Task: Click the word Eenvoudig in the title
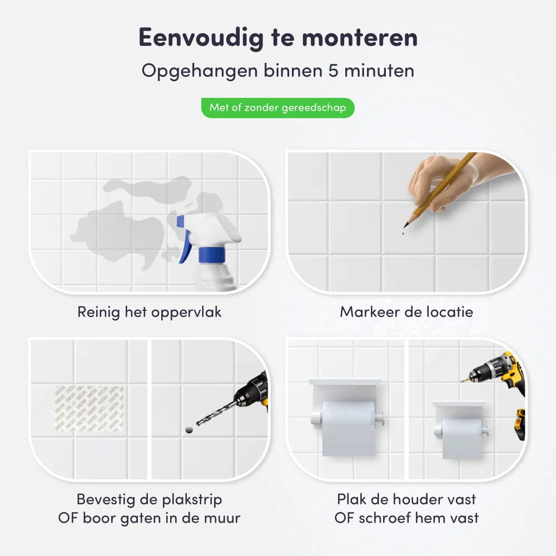click(x=201, y=38)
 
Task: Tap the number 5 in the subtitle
click(x=333, y=70)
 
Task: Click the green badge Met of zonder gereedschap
click(x=277, y=108)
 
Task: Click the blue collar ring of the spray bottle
click(x=212, y=255)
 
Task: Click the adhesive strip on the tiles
click(x=90, y=409)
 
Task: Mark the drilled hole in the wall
click(x=189, y=430)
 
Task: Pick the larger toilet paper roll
click(x=349, y=428)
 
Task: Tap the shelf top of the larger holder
click(x=345, y=381)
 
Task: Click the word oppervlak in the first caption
click(x=186, y=312)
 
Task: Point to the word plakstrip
click(x=192, y=500)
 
